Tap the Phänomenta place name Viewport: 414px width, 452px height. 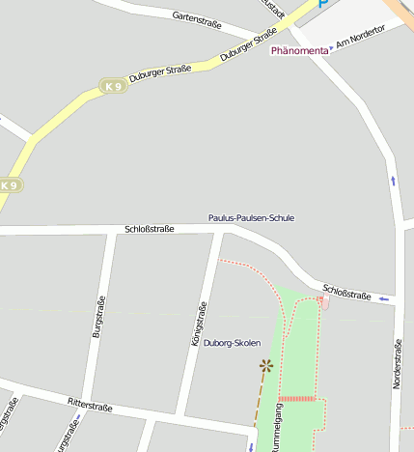[299, 50]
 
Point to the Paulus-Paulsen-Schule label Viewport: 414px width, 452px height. [252, 218]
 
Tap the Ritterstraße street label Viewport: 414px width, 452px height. [90, 406]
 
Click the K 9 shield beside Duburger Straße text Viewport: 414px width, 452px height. [114, 87]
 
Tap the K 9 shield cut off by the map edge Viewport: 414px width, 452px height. [9, 184]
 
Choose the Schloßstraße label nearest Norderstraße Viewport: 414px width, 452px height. [347, 292]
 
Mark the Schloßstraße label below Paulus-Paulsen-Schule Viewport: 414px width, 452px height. [150, 229]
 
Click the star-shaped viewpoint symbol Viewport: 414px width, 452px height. [265, 365]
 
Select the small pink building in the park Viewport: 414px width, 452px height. [323, 303]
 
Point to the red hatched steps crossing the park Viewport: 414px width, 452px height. [297, 398]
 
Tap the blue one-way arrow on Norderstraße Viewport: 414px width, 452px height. [393, 181]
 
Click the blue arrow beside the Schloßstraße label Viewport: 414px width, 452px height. [385, 298]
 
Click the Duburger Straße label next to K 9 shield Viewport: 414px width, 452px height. [159, 73]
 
